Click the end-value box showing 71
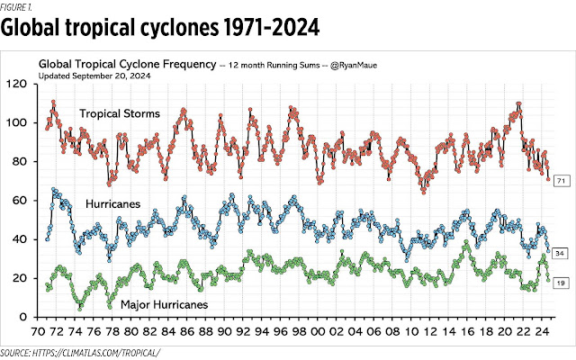click(x=560, y=182)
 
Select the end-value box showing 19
click(x=560, y=283)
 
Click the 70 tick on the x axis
click(x=39, y=330)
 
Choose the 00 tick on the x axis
click(x=324, y=330)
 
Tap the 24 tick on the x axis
click(x=549, y=330)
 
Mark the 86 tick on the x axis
click(x=191, y=330)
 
